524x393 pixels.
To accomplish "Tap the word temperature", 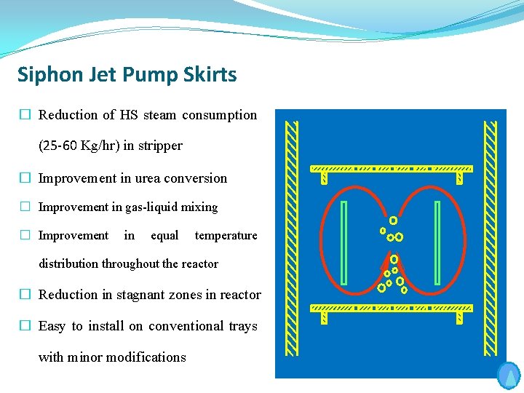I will (226, 236).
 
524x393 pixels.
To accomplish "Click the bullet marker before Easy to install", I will (25, 326).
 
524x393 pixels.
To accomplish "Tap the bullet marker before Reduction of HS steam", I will (25, 115).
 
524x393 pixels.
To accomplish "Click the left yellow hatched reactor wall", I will (292, 240).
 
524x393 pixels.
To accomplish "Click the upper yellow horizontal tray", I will (392, 169).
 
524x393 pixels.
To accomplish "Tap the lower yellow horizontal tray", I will (392, 309).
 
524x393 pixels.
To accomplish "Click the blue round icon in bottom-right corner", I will (509, 376).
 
